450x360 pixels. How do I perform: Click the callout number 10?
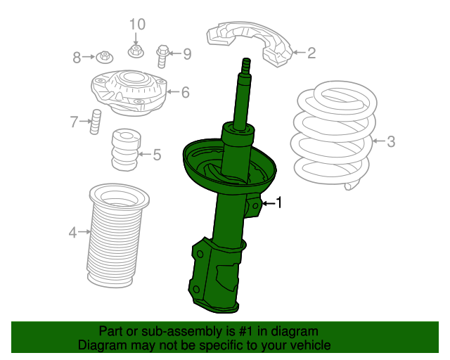pos(138,25)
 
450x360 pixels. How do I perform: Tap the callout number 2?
pos(311,53)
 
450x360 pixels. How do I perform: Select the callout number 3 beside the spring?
pos(391,141)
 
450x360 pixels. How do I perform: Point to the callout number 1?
pos(279,202)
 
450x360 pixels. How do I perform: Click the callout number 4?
pos(72,232)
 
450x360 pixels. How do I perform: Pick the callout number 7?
pos(74,122)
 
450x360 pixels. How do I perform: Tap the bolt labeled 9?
pos(162,56)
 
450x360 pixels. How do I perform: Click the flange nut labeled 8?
pos(105,58)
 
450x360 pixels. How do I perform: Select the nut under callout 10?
pos(136,51)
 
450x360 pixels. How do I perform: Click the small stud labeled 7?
pos(96,122)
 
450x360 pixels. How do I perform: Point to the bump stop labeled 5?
pos(126,149)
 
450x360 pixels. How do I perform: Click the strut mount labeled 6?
pos(129,92)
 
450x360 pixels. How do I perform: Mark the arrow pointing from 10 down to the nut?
pos(136,38)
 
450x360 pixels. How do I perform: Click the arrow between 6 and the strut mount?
pos(173,92)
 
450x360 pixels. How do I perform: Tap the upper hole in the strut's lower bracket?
pos(200,254)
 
